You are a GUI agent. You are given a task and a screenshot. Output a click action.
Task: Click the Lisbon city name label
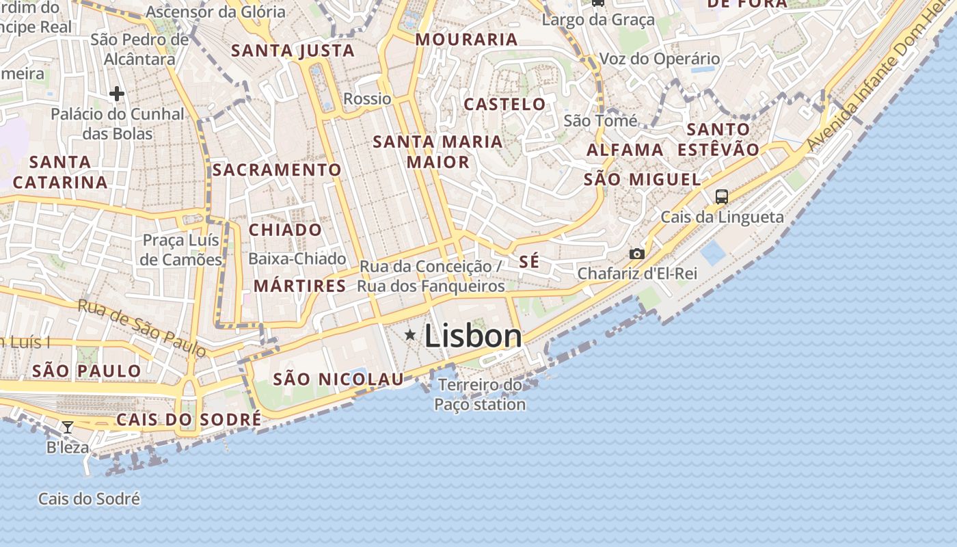(473, 336)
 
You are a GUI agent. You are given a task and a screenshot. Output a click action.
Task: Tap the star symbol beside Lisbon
(410, 334)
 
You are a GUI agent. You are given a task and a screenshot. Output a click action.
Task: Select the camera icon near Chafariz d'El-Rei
(636, 254)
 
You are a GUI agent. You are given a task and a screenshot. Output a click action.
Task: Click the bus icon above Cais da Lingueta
(721, 197)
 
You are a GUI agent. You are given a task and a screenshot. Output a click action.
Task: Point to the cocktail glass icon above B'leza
(68, 427)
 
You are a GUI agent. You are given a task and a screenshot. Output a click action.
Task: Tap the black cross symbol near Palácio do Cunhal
(117, 93)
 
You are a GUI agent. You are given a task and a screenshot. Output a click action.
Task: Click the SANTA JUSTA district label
(293, 51)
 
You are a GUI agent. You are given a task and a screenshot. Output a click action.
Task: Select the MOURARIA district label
(466, 40)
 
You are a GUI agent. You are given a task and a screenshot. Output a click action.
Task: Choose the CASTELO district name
(504, 105)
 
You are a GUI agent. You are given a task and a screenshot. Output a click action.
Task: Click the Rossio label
(367, 98)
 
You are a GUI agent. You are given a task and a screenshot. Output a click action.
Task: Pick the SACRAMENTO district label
(276, 170)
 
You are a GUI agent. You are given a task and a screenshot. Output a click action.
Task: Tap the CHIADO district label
(285, 230)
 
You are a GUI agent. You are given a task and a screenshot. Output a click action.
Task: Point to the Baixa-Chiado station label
(297, 258)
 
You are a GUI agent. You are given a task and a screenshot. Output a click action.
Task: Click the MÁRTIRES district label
(299, 286)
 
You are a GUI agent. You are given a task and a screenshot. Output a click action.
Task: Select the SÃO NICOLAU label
(338, 379)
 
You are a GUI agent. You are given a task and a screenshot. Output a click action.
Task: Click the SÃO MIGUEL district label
(642, 180)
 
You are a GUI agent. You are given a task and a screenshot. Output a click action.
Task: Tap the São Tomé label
(600, 121)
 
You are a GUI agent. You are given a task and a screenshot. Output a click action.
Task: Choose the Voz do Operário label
(660, 59)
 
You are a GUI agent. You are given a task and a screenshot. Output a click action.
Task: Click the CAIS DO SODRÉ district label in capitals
(189, 420)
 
